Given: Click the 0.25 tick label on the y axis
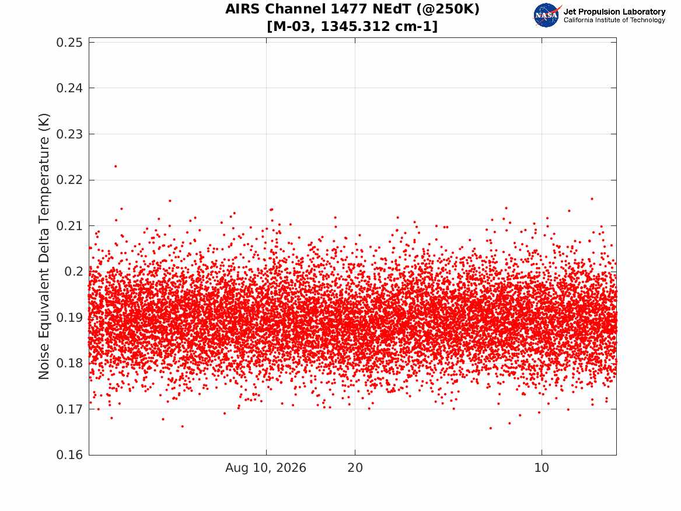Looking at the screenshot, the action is (x=69, y=42).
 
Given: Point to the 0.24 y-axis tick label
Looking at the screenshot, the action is (x=69, y=88).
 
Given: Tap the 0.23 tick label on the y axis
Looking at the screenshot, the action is (x=69, y=134).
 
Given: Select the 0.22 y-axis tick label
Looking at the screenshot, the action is (x=69, y=180).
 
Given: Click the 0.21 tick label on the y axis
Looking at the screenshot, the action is (x=69, y=226).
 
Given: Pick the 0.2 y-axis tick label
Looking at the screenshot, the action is (x=74, y=272).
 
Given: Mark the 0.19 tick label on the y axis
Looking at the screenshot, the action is (x=69, y=318).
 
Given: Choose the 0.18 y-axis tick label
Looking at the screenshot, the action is (x=69, y=363).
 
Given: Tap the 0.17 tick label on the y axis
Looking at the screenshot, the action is (x=69, y=409).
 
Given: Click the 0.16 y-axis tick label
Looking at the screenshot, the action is (x=69, y=455).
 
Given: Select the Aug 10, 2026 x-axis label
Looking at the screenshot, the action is (x=266, y=468).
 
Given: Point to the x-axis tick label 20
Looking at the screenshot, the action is (x=355, y=468).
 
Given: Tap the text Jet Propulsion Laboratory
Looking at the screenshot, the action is (x=614, y=12).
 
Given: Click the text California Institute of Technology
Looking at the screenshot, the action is (x=614, y=20).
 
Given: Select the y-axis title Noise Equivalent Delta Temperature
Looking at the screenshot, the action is (x=44, y=246).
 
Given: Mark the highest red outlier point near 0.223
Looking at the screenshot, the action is (x=116, y=166).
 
